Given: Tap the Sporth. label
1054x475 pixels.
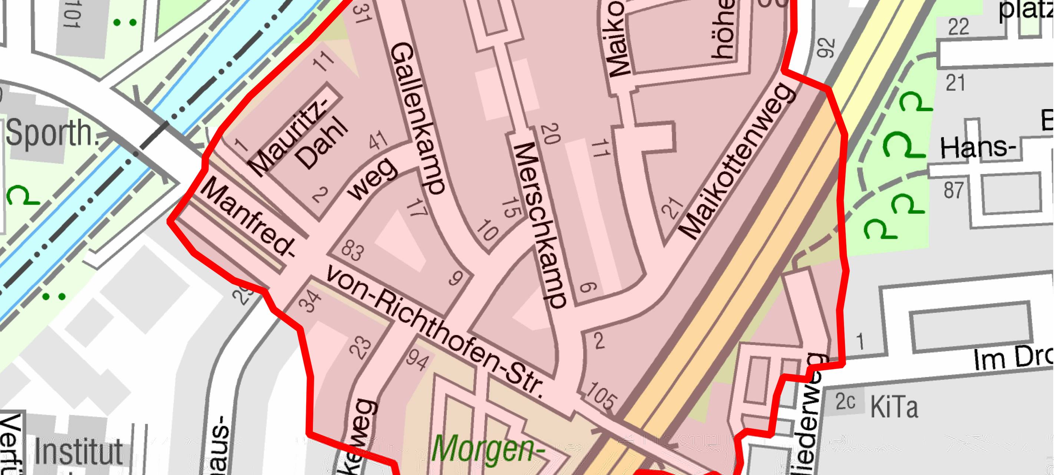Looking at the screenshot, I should [x=49, y=133].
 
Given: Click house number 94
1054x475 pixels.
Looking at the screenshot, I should [x=417, y=360].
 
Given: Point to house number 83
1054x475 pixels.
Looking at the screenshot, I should [x=352, y=250].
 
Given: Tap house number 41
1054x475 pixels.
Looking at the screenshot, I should [x=378, y=140].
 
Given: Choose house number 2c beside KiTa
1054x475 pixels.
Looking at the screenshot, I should [x=845, y=402].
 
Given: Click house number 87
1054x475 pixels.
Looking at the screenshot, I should [x=954, y=190].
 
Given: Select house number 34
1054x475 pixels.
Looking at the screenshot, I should [x=310, y=301].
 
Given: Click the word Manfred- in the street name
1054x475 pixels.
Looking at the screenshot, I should [x=248, y=219].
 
